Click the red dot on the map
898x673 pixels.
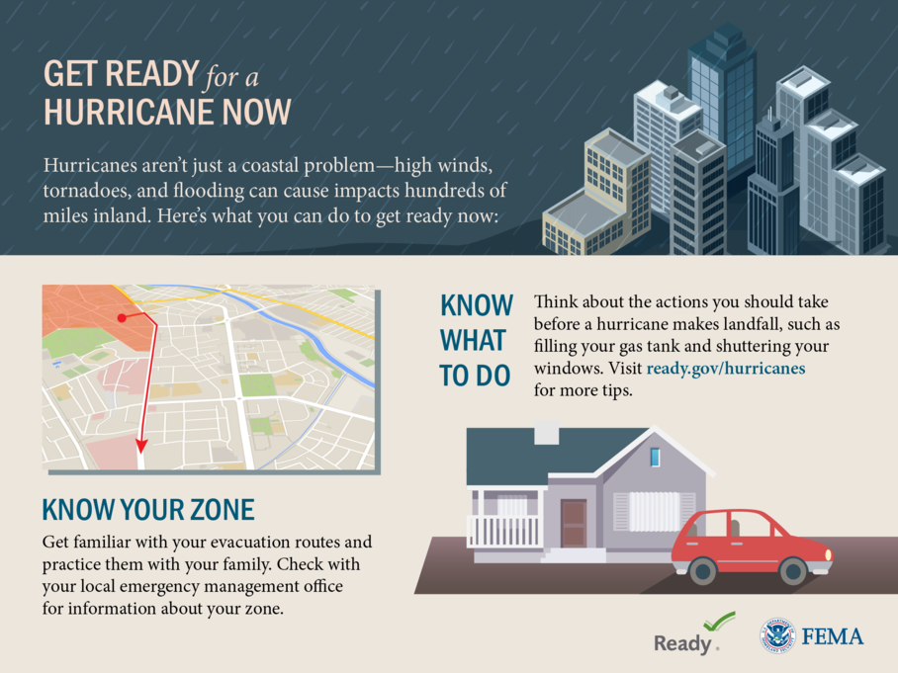point(122,317)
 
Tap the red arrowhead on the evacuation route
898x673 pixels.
point(140,446)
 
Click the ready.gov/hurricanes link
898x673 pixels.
point(726,369)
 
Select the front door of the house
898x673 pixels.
point(574,523)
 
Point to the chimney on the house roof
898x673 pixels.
point(546,433)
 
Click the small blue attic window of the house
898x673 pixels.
point(655,457)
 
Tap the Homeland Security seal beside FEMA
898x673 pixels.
point(778,635)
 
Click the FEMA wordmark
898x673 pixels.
point(833,635)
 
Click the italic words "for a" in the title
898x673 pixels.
point(232,76)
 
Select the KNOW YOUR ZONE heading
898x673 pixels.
point(148,510)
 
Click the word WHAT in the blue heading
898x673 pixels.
point(472,341)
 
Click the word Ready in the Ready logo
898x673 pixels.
point(682,642)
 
